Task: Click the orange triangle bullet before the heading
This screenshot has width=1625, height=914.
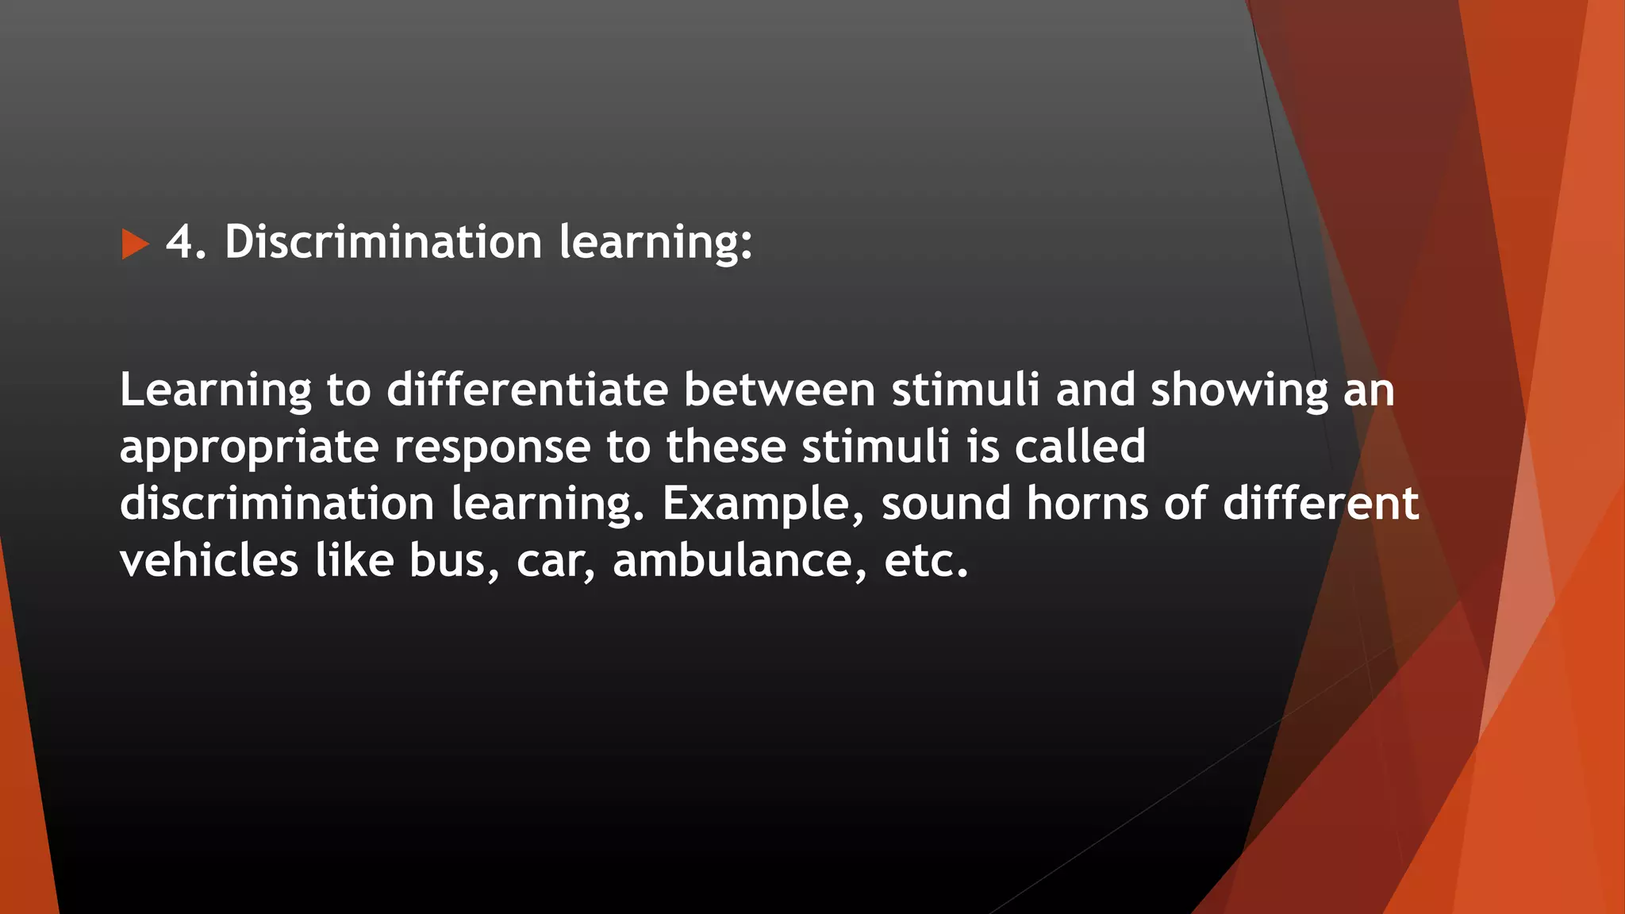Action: point(135,244)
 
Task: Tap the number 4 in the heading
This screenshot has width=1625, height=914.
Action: point(179,242)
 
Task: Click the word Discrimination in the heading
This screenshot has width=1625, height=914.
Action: point(382,242)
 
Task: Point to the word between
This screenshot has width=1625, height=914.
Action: point(779,390)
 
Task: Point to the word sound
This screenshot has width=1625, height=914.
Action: point(946,504)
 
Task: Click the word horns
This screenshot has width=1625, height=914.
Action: point(1087,504)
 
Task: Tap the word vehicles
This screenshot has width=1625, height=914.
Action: point(209,561)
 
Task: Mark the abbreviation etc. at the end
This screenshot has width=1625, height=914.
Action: point(926,562)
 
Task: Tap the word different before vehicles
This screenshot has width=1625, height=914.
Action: point(1320,504)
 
